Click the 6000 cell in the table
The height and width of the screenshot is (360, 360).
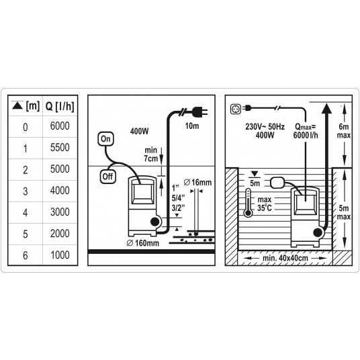pyautogui.click(x=60, y=126)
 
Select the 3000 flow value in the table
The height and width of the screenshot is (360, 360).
pyautogui.click(x=60, y=212)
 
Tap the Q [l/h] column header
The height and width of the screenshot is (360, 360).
pyautogui.click(x=60, y=107)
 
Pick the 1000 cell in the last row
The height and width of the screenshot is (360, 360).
pyautogui.click(x=60, y=255)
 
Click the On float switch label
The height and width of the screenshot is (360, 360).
pyautogui.click(x=105, y=139)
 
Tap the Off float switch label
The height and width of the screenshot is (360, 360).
pyautogui.click(x=107, y=177)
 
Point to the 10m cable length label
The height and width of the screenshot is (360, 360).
pyautogui.click(x=192, y=126)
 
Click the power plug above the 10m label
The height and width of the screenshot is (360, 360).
pyautogui.click(x=199, y=111)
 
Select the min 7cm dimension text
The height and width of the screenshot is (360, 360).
pyautogui.click(x=151, y=154)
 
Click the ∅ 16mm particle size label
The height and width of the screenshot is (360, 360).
pyautogui.click(x=197, y=183)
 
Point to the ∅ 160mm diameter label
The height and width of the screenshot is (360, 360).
pyautogui.click(x=142, y=243)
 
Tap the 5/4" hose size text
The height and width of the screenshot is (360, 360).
pyautogui.click(x=178, y=198)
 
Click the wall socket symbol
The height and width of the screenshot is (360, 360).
pyautogui.click(x=236, y=109)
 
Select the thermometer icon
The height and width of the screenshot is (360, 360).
pyautogui.click(x=248, y=203)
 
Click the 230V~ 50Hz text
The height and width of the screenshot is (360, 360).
pyautogui.click(x=265, y=126)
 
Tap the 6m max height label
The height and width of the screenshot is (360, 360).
pyautogui.click(x=343, y=131)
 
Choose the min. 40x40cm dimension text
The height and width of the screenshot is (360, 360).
pyautogui.click(x=285, y=258)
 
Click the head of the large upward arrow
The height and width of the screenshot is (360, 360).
pyautogui.click(x=326, y=108)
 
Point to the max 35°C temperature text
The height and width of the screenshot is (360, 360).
pyautogui.click(x=264, y=204)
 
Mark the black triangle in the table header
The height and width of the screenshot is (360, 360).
pyautogui.click(x=17, y=106)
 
